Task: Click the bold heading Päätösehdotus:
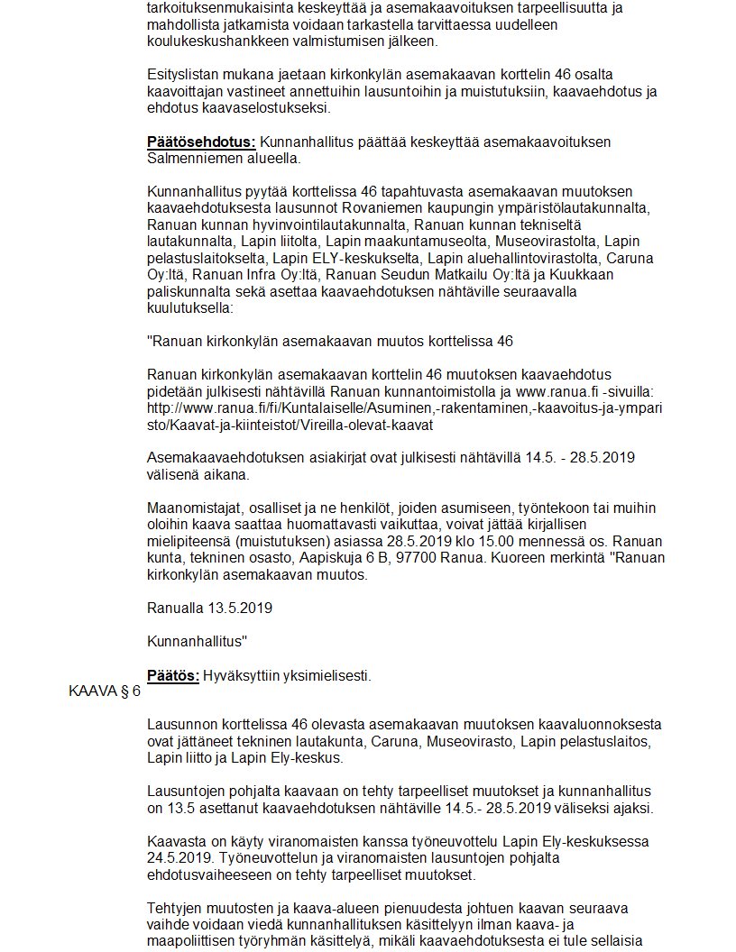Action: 201,142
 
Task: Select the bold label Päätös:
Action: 172,675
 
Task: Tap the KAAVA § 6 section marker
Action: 105,691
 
